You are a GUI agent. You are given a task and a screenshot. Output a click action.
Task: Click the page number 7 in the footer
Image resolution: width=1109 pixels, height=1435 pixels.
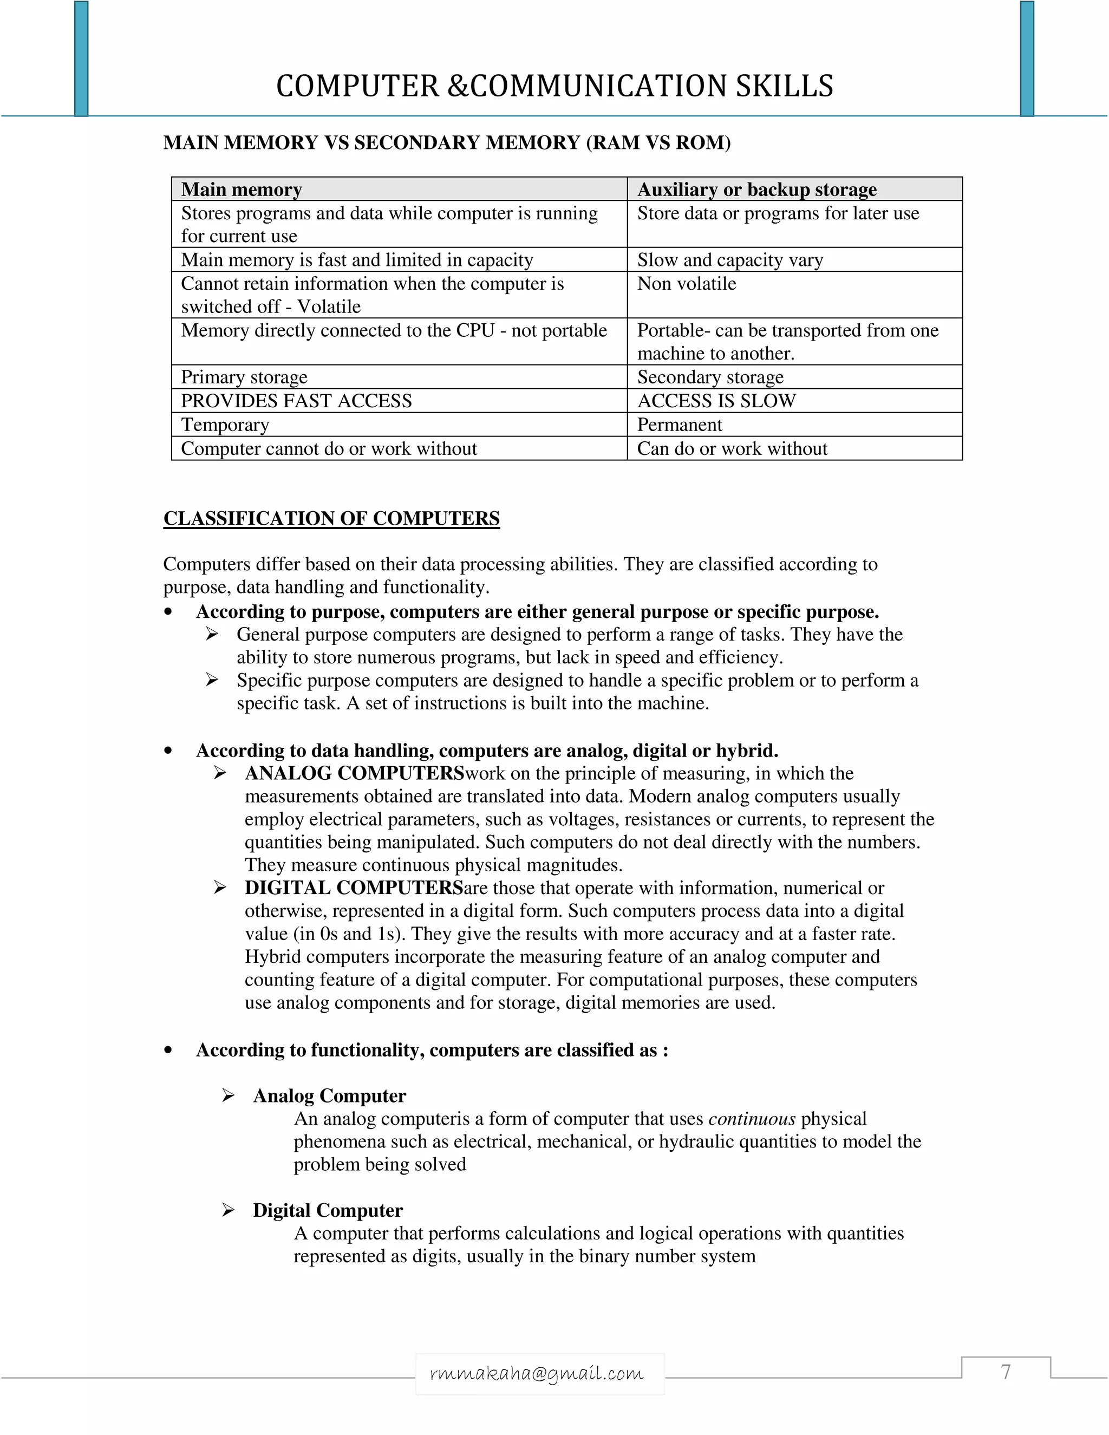click(x=1005, y=1373)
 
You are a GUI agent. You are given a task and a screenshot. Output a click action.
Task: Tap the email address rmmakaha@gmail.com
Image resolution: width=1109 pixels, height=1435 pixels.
click(x=537, y=1374)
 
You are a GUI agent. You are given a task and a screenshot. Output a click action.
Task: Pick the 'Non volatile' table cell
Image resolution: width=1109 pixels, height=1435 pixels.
click(x=687, y=284)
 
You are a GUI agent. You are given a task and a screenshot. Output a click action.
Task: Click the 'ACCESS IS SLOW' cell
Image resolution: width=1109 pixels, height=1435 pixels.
click(x=716, y=401)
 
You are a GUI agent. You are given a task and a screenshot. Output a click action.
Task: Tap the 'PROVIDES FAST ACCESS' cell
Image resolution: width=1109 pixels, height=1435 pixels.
click(x=296, y=401)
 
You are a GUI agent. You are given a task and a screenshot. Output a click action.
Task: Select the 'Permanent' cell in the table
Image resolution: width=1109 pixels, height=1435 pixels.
click(x=680, y=425)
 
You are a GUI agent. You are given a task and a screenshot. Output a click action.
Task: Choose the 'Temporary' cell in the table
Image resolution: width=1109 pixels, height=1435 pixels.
click(x=225, y=425)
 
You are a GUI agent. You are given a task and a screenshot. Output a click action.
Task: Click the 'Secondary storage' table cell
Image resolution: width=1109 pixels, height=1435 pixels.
click(x=710, y=377)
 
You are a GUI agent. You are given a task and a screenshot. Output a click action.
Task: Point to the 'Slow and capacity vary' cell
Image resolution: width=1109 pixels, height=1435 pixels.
click(x=729, y=260)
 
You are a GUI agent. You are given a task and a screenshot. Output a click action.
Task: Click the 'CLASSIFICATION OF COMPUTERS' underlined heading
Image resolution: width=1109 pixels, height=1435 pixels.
click(x=331, y=518)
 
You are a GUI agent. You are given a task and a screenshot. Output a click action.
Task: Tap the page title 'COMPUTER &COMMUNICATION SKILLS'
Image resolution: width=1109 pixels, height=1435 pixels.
click(x=554, y=86)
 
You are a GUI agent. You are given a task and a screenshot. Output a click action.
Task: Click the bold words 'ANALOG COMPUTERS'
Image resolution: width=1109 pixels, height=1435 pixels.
click(x=354, y=773)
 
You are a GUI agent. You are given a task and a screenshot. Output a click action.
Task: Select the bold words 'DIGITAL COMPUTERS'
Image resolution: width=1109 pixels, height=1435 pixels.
click(x=354, y=888)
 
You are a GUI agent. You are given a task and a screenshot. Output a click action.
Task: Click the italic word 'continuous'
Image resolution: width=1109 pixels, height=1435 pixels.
click(x=752, y=1119)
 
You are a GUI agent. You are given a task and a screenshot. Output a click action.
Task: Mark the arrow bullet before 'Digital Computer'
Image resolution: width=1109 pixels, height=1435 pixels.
click(x=228, y=1210)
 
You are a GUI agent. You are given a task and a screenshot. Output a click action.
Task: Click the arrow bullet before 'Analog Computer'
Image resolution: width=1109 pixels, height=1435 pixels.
click(x=228, y=1095)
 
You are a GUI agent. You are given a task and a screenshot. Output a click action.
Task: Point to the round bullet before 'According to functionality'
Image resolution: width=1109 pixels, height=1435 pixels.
click(x=168, y=1051)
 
